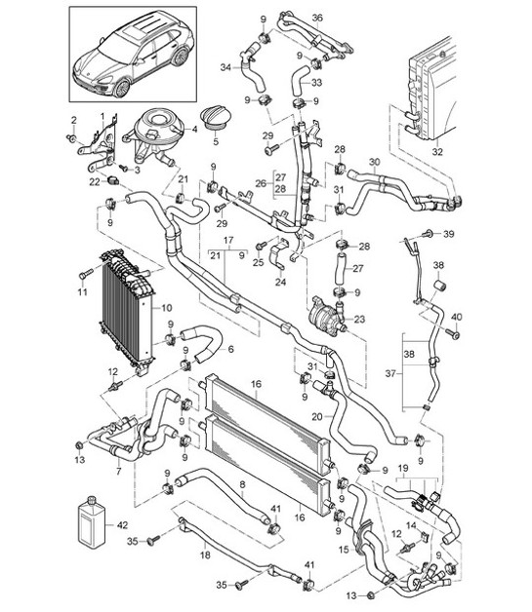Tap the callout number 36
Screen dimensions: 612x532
pyautogui.click(x=317, y=17)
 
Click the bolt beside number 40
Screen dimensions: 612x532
pyautogui.click(x=454, y=334)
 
